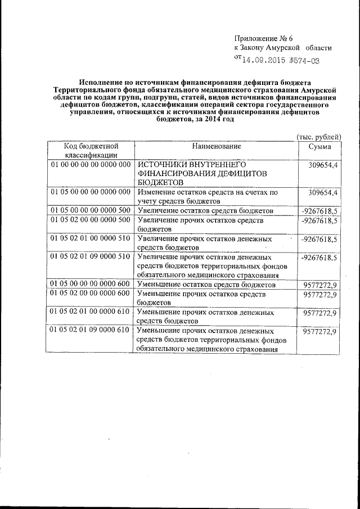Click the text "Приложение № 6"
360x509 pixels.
click(x=264, y=38)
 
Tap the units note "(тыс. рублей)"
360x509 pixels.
click(x=318, y=137)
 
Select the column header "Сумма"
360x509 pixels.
click(x=319, y=146)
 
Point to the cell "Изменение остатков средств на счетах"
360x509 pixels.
click(x=208, y=196)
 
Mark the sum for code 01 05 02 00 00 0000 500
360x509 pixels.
click(x=319, y=220)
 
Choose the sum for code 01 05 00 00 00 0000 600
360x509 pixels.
click(x=319, y=285)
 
